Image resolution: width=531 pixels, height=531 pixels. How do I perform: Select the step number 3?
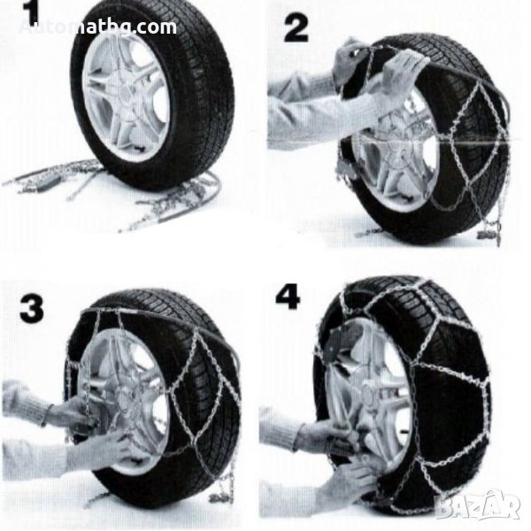click(32, 309)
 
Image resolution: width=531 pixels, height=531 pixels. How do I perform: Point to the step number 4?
click(288, 296)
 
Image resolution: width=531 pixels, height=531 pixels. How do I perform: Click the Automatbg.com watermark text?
click(97, 27)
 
